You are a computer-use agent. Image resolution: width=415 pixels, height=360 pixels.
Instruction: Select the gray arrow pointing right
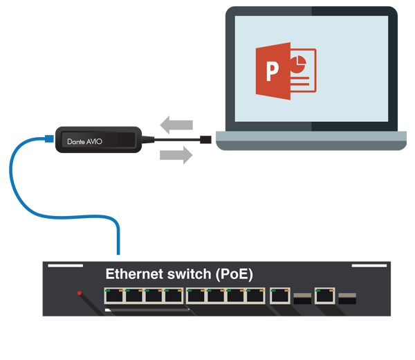176,156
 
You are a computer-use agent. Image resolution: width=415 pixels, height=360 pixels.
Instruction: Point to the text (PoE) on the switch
233,274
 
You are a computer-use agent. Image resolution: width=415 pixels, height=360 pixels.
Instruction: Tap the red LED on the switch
80,294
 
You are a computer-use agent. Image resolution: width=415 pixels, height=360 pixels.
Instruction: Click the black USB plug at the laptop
206,141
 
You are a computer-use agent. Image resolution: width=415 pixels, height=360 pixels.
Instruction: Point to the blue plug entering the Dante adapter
49,138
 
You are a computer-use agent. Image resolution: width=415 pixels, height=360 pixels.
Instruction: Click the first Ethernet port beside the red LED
114,296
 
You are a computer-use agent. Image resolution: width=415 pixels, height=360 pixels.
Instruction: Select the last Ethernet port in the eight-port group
255,296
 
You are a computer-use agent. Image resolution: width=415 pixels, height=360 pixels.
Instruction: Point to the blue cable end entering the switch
118,251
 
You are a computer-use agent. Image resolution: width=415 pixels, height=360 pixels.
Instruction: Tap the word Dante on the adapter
76,141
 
